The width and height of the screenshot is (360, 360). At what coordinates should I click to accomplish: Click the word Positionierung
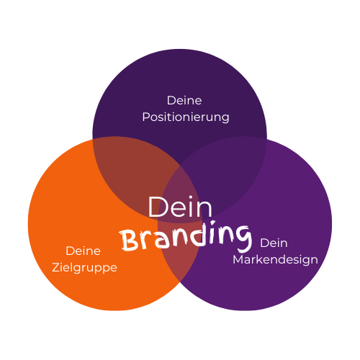(186, 117)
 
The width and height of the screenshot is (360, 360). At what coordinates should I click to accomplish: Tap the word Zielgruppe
(84, 268)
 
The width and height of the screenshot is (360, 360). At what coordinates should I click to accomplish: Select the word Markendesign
(275, 260)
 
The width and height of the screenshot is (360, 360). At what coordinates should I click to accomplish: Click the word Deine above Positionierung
(184, 100)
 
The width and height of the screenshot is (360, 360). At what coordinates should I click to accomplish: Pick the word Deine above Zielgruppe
(83, 251)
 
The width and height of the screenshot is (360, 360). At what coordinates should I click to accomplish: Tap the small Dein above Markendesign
(274, 243)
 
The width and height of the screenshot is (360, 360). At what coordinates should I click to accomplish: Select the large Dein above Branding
(180, 207)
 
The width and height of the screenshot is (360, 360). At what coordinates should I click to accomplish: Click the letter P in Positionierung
(146, 117)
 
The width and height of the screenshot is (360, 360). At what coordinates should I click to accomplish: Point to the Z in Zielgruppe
(56, 267)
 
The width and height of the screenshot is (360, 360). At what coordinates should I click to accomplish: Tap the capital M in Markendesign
(238, 259)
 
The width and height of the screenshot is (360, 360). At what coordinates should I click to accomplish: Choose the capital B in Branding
(128, 240)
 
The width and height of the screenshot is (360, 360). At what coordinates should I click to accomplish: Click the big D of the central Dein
(157, 207)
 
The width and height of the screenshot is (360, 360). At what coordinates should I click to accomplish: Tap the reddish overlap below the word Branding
(179, 264)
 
